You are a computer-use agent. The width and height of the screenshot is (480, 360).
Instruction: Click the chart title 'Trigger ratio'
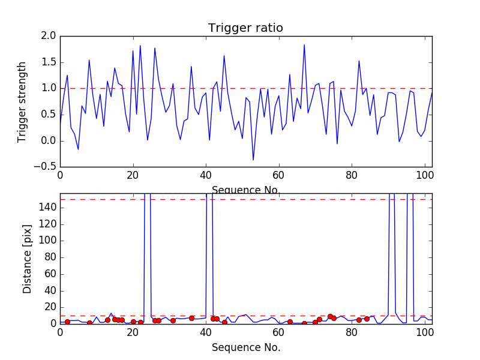pos(245,28)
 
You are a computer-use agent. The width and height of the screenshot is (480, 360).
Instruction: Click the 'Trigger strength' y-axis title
pos(22,101)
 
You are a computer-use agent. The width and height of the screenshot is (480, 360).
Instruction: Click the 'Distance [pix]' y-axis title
pos(27,258)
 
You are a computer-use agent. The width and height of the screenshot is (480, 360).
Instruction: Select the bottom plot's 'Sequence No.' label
pos(246,347)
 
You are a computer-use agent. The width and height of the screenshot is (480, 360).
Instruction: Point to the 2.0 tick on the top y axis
pos(49,37)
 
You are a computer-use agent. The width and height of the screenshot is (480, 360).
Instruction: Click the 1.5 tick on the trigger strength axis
pos(49,62)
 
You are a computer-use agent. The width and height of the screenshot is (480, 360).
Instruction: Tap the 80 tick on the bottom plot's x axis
pos(352,331)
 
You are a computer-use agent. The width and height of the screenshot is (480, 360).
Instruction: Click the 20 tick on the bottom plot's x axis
pos(133,331)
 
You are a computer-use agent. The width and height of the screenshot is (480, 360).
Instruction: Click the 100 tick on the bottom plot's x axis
pos(424,331)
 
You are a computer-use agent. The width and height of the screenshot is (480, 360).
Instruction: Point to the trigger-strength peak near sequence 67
pos(304,45)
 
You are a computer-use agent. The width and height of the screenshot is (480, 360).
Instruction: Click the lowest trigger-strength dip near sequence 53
pos(253,160)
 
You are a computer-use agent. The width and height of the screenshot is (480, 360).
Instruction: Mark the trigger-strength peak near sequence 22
pos(140,46)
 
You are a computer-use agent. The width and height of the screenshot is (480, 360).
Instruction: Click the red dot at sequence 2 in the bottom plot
pos(67,322)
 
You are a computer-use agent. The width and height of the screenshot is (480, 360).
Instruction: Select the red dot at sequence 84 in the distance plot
pos(367,319)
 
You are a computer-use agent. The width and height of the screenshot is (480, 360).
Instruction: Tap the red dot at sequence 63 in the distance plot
pos(290,322)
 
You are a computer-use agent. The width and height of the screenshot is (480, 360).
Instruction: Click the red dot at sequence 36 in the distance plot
pos(191,318)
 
